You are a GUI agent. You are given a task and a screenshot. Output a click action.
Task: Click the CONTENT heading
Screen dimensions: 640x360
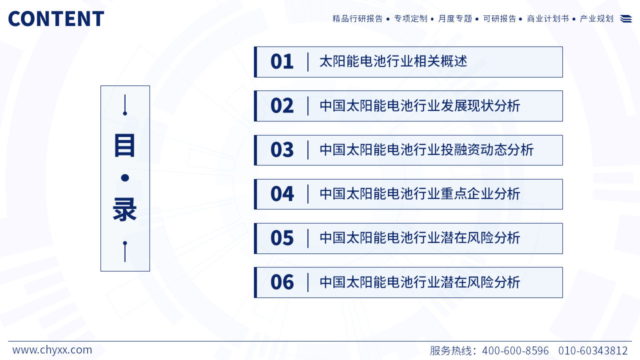pyautogui.click(x=56, y=19)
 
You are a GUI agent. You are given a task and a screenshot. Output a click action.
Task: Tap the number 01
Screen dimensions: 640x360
pyautogui.click(x=282, y=62)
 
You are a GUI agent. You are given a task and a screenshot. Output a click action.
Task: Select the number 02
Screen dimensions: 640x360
pyautogui.click(x=282, y=106)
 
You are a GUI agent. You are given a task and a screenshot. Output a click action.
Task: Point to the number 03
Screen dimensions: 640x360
pyautogui.click(x=282, y=150)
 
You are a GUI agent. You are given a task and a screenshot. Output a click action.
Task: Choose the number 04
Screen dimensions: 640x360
pyautogui.click(x=282, y=194)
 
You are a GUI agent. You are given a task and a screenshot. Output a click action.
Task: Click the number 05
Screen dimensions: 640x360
pyautogui.click(x=282, y=238)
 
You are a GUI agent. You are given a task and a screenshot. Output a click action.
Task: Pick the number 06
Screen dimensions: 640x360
pyautogui.click(x=282, y=282)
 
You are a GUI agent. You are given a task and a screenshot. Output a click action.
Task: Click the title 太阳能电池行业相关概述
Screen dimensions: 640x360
pyautogui.click(x=393, y=61)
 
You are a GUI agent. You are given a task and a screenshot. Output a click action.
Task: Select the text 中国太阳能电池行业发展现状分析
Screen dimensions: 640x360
pyautogui.click(x=420, y=106)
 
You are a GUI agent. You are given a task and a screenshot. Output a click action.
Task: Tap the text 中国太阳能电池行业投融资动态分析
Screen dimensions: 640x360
pyautogui.click(x=427, y=150)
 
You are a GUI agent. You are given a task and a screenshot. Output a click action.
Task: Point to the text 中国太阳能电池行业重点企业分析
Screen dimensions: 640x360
pyautogui.click(x=420, y=194)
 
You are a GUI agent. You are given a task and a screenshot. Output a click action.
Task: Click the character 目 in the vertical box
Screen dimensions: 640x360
pyautogui.click(x=124, y=146)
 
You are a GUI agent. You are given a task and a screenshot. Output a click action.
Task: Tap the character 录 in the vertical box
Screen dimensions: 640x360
pyautogui.click(x=125, y=210)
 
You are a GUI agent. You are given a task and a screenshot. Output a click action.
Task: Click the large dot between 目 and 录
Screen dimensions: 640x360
pyautogui.click(x=125, y=178)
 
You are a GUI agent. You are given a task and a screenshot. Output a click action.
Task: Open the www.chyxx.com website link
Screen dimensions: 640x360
pyautogui.click(x=52, y=350)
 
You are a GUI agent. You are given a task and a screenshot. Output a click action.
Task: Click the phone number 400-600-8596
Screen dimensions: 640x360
pyautogui.click(x=515, y=351)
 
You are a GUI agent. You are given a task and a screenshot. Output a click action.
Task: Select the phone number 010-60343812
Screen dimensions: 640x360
pyautogui.click(x=593, y=351)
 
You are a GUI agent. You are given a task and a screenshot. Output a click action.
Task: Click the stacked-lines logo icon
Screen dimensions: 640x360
pyautogui.click(x=626, y=19)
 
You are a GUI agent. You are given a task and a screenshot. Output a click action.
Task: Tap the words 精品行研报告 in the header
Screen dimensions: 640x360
pyautogui.click(x=357, y=19)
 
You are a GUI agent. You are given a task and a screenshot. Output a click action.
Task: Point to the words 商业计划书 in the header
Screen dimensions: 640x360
pyautogui.click(x=548, y=19)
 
